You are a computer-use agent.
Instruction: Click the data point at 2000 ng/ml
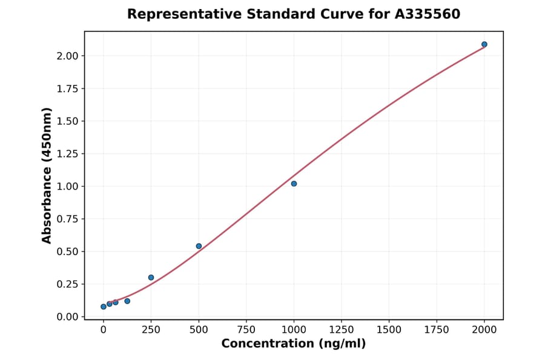[x=484, y=44]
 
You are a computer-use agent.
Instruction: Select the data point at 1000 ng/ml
[x=294, y=184]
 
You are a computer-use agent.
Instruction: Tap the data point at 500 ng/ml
[x=199, y=246]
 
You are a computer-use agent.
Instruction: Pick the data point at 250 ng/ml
[x=151, y=278]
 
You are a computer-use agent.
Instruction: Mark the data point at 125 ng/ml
[x=127, y=301]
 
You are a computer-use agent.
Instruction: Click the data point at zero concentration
[x=104, y=307]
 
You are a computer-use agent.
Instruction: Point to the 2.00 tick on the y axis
[x=67, y=56]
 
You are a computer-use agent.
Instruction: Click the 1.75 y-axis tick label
[x=67, y=88]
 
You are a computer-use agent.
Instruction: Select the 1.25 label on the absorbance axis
[x=67, y=154]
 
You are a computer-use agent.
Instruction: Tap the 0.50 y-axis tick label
[x=67, y=252]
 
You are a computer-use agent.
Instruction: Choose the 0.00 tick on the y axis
[x=67, y=317]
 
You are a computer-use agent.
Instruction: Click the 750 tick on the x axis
[x=246, y=330]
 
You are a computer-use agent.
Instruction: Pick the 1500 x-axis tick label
[x=389, y=330]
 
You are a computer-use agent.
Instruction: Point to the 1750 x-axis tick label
[x=437, y=330]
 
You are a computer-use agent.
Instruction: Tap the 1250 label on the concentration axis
[x=342, y=330]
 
